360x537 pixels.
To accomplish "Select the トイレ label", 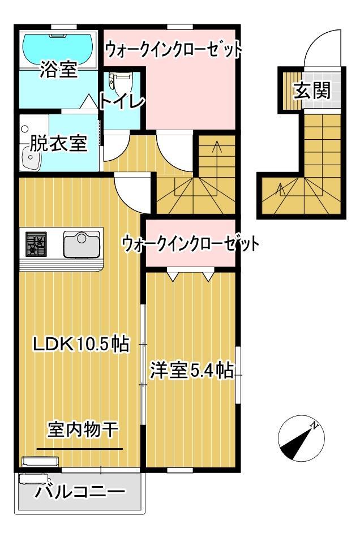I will (x=122, y=102).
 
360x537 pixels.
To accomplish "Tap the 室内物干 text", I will (x=83, y=431).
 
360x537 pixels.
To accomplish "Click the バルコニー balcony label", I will (x=80, y=492).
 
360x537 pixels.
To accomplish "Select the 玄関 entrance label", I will (x=311, y=91).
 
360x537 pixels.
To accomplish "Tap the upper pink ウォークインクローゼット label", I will (x=173, y=50).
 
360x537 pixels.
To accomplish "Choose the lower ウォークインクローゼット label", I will (x=190, y=244).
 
